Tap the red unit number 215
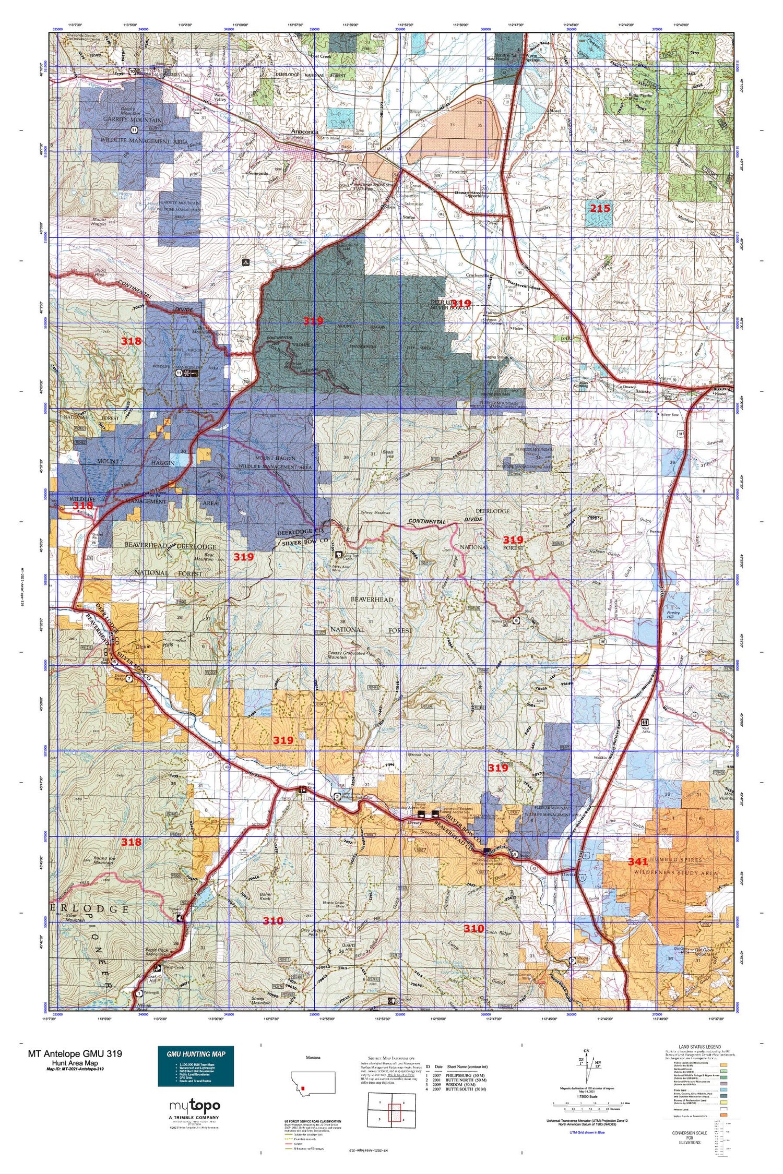(x=600, y=208)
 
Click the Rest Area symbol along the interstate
(x=645, y=723)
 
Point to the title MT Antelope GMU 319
(x=75, y=1053)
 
